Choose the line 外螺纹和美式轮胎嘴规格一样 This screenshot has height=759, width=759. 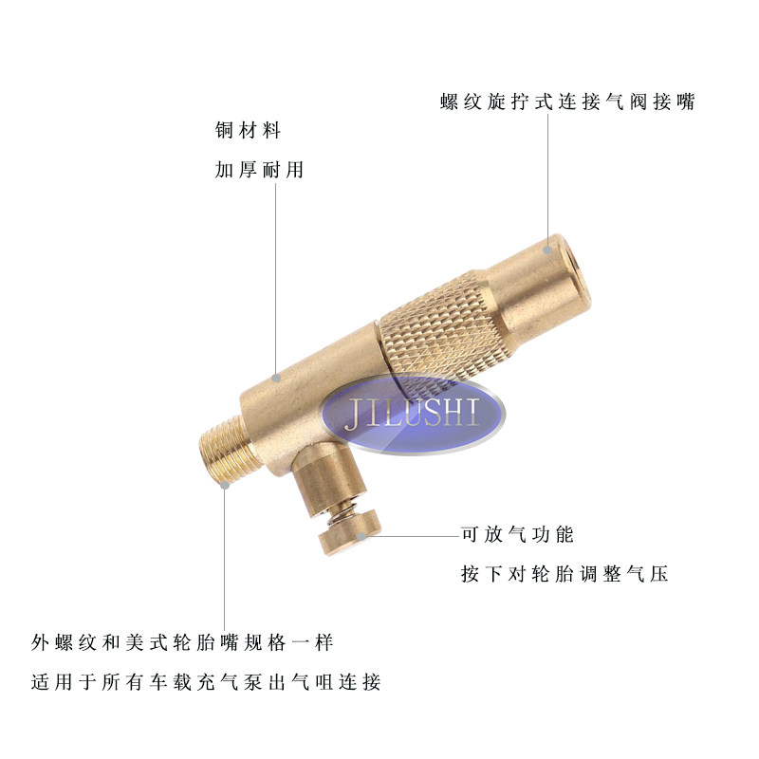pos(182,642)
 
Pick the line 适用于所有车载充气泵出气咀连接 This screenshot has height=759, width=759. pos(205,682)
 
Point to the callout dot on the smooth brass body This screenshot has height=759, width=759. pos(275,377)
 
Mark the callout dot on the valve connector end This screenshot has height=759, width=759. pos(547,249)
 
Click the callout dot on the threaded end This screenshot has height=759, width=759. pos(226,485)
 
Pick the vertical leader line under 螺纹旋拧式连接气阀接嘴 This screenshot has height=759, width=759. pos(547,180)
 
